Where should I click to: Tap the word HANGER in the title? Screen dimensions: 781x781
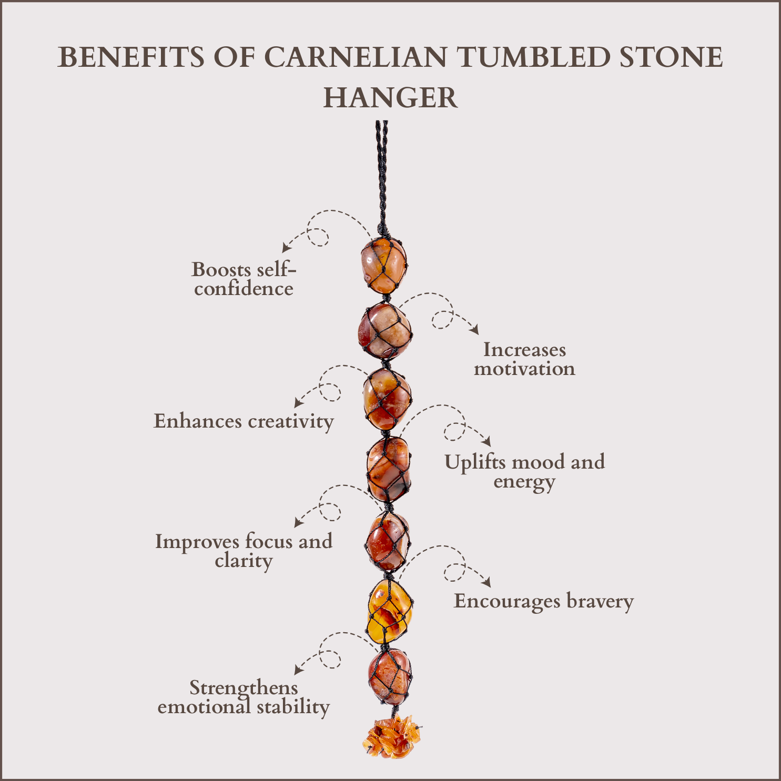pyautogui.click(x=390, y=98)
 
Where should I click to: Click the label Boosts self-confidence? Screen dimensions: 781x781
pyautogui.click(x=244, y=279)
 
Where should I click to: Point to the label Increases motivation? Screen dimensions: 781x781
pyautogui.click(x=524, y=359)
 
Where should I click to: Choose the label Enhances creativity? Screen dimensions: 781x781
pyautogui.click(x=244, y=421)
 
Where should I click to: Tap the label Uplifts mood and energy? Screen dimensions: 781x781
pyautogui.click(x=524, y=471)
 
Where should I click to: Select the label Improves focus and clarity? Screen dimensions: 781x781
pyautogui.click(x=244, y=551)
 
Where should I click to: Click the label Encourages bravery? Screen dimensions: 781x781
pyautogui.click(x=543, y=601)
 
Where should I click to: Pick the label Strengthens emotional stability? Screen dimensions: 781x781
pyautogui.click(x=244, y=697)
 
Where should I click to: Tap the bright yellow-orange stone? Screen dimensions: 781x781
pyautogui.click(x=390, y=611)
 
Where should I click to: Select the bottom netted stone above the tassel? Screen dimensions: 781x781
pyautogui.click(x=390, y=676)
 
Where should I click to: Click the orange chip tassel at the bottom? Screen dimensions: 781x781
pyautogui.click(x=392, y=736)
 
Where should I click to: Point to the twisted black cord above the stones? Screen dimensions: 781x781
pyautogui.click(x=382, y=174)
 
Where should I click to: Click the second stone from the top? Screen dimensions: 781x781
pyautogui.click(x=385, y=330)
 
